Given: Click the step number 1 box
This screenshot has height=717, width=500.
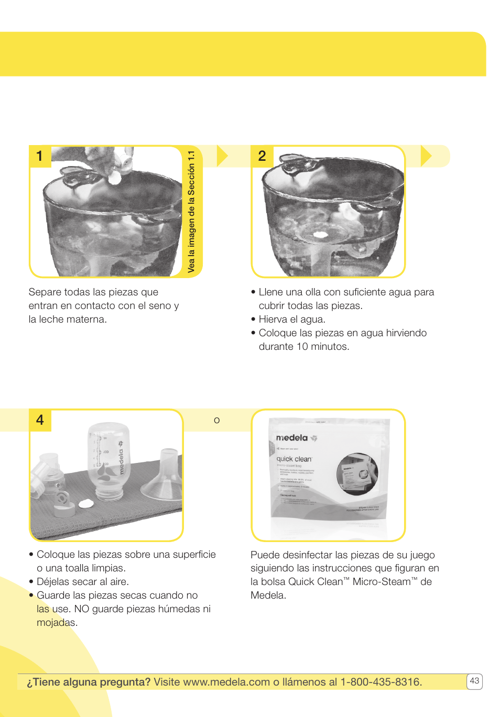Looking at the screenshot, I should point(40,156).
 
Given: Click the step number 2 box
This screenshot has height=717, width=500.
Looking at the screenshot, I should point(262,156).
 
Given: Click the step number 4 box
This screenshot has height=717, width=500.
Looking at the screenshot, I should point(40,420).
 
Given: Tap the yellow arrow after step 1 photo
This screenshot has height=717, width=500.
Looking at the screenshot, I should point(222,156).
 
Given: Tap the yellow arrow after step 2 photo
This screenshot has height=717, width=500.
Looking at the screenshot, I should point(426,156).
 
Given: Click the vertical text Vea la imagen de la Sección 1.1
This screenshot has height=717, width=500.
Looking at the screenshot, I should point(192,212).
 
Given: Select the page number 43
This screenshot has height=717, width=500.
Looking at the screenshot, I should point(474,681).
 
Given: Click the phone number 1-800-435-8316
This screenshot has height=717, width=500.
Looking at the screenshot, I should point(381,682).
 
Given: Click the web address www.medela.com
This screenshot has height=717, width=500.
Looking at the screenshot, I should point(226,682).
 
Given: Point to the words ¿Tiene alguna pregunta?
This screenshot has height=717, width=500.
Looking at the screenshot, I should point(89,682).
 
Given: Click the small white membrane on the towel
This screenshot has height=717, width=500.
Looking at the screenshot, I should point(86,504).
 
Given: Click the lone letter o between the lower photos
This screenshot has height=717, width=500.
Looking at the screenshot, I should point(217,421).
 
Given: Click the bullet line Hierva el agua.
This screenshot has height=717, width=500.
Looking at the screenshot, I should point(291,319).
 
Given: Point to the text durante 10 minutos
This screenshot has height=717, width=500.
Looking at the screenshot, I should point(303,347).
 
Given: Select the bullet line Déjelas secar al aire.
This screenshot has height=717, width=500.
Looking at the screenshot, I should point(82,582).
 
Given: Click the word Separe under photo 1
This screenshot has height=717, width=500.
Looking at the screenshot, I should point(45,292).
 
